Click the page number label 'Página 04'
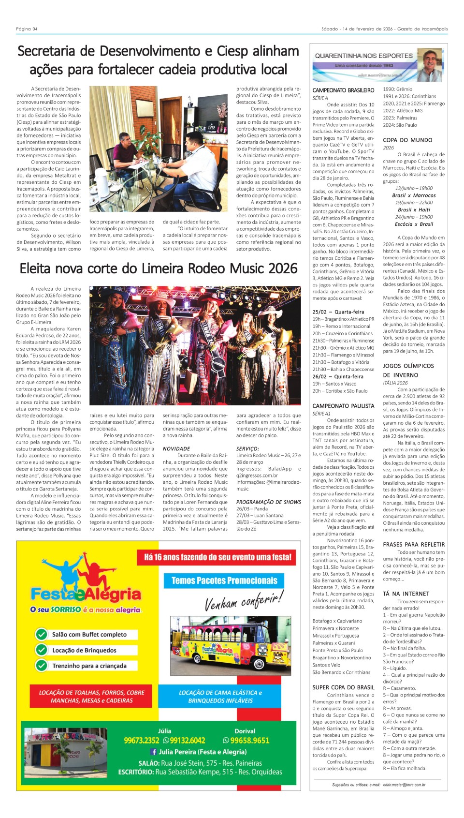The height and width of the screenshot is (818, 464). click(x=27, y=29)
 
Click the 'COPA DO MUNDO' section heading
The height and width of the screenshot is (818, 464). click(x=407, y=140)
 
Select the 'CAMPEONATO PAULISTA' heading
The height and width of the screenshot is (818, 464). click(x=343, y=406)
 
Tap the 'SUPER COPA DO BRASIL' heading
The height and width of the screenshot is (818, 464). click(x=343, y=687)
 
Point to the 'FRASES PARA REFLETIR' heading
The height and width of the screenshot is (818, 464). click(x=414, y=545)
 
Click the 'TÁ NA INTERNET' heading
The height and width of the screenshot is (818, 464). click(x=406, y=594)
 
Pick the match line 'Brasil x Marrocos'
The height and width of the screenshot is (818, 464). click(x=414, y=195)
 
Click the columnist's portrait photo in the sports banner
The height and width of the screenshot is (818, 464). click(x=431, y=64)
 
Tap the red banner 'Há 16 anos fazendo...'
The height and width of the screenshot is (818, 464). click(x=217, y=557)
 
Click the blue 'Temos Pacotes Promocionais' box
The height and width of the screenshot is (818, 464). click(x=224, y=580)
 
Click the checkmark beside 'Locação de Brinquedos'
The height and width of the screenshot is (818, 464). click(x=42, y=650)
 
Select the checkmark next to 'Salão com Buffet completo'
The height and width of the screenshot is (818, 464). click(x=42, y=634)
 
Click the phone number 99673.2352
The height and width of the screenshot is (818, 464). click(x=142, y=740)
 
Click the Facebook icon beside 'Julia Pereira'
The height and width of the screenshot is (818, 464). click(x=154, y=752)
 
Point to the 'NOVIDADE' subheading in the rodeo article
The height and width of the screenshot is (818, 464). click(x=176, y=449)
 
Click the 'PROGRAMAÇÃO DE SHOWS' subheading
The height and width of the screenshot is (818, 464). click(x=268, y=502)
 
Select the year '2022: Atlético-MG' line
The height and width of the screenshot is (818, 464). click(x=403, y=111)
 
